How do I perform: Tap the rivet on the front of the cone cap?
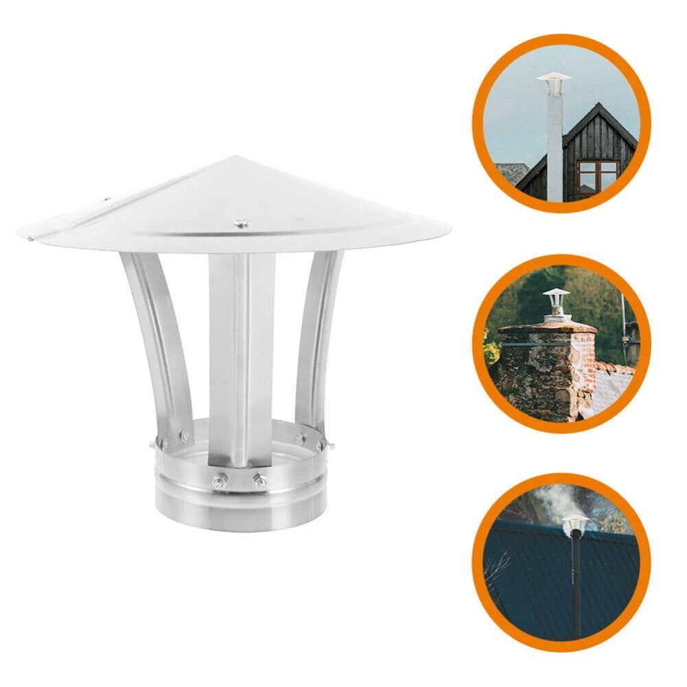click(241, 222)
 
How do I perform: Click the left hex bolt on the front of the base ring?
click(218, 481)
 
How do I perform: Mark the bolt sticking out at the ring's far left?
click(152, 445)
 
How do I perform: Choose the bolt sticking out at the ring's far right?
click(330, 445)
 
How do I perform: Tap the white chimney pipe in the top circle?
click(555, 144)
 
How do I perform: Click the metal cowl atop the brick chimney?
click(556, 302)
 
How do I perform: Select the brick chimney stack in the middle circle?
click(546, 371)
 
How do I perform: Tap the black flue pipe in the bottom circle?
click(575, 583)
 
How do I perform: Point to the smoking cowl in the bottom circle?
click(574, 524)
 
